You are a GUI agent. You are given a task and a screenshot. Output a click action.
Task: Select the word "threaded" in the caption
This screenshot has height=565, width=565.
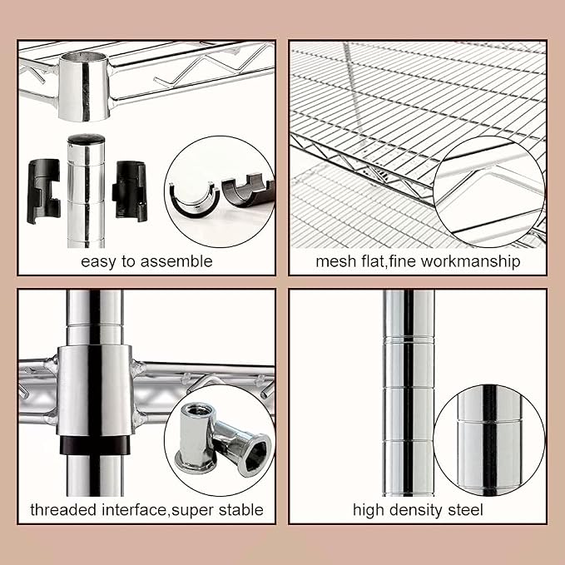64,510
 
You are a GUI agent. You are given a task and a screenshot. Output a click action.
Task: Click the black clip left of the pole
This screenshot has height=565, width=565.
43,191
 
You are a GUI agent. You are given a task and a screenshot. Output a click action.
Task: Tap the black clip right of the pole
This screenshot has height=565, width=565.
130,191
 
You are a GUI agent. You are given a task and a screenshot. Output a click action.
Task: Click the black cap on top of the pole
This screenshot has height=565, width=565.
86,139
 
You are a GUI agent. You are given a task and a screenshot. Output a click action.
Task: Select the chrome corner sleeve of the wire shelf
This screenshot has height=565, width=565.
84,86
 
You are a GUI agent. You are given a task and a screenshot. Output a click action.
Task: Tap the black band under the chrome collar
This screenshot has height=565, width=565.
95,445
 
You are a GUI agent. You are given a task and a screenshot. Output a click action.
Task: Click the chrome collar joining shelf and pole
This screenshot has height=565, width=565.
95,390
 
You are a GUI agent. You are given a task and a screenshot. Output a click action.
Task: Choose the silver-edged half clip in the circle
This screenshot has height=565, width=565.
194,201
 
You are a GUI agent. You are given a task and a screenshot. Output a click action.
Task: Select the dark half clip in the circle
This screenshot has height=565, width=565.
248,191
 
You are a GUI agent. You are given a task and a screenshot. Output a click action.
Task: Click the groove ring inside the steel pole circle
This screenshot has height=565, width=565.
489,420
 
